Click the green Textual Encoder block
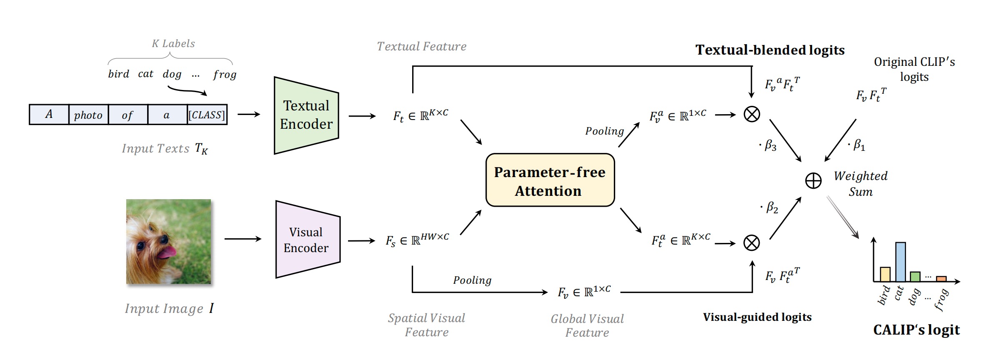pos(306,115)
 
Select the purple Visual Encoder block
pos(307,240)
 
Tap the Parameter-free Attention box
pos(550,180)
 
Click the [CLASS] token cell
pos(207,115)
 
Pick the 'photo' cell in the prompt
pos(88,115)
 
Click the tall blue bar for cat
pos(900,262)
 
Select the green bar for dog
pos(915,277)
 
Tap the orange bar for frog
pos(941,279)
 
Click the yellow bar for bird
pos(885,274)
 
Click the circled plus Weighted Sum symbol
pos(813,181)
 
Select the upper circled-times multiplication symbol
pos(752,114)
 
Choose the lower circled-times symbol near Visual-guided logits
pos(752,243)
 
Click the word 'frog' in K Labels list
pos(225,75)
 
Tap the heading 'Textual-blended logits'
pos(770,50)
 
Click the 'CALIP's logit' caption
pos(916,330)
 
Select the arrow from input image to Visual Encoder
pos(243,239)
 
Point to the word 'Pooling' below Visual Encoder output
pos(472,280)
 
